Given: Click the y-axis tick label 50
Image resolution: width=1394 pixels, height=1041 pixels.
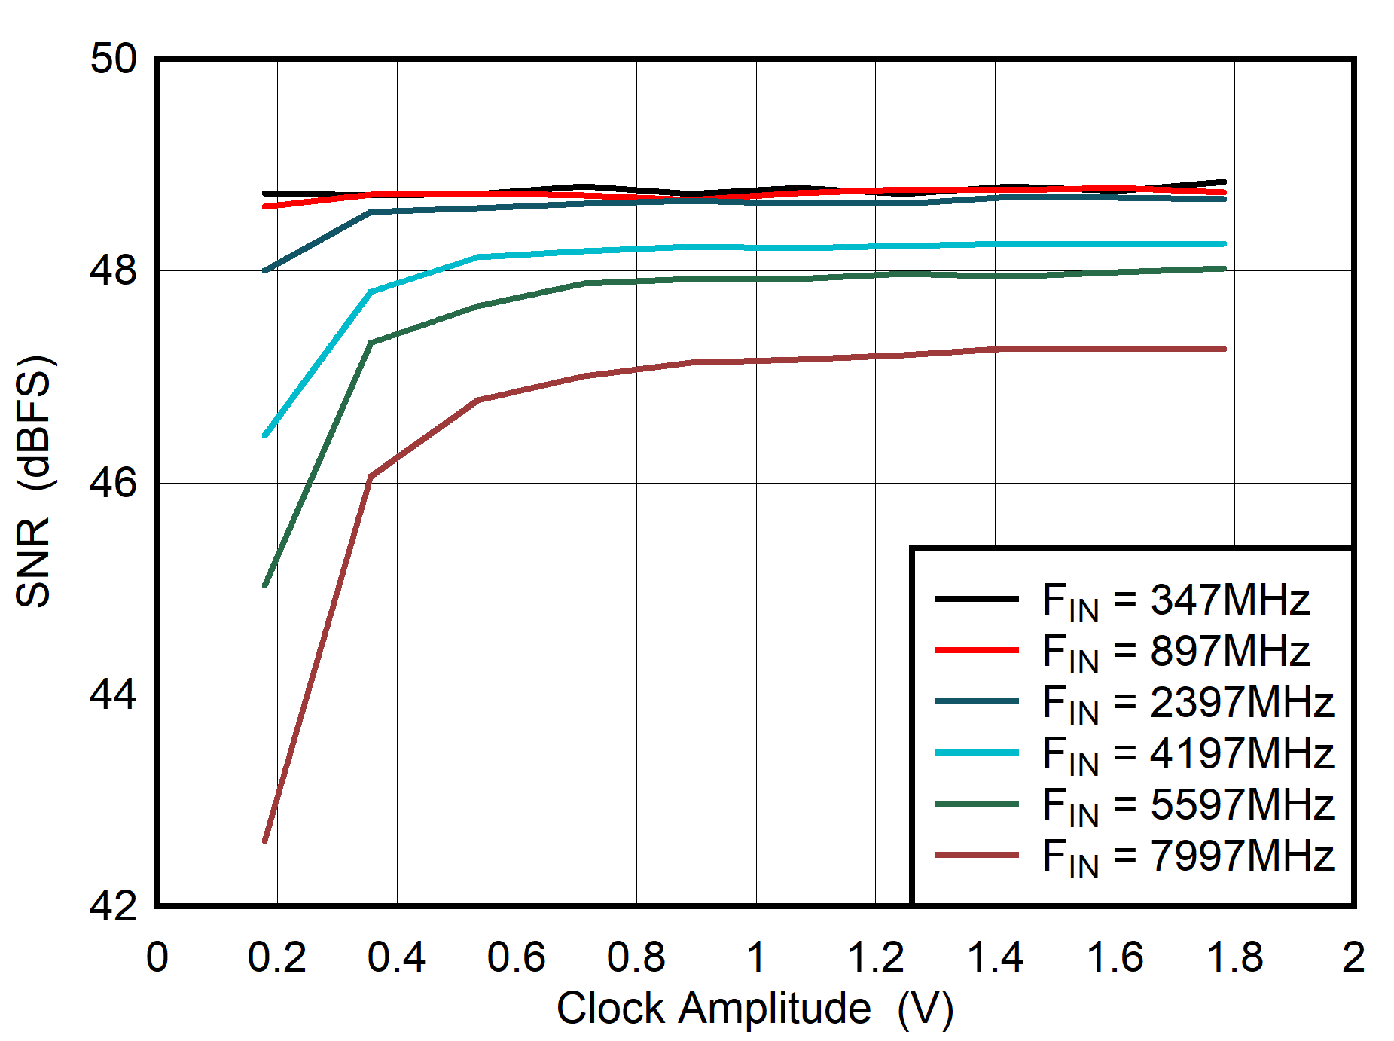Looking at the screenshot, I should [x=114, y=59].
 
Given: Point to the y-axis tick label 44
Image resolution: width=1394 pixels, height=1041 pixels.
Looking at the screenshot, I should [x=114, y=695].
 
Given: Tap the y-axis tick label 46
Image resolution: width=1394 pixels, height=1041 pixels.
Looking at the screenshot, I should [x=114, y=482].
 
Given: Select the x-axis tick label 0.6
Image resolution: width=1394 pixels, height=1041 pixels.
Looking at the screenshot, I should [x=516, y=958].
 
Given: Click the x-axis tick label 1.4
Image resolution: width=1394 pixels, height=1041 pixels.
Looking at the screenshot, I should [x=995, y=958].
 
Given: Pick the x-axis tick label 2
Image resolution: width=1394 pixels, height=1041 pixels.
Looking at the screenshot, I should [x=1353, y=958].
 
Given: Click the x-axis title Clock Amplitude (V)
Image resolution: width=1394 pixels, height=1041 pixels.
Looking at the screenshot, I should [x=755, y=1009].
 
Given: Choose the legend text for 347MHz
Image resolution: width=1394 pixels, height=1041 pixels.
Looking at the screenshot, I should [x=1176, y=601].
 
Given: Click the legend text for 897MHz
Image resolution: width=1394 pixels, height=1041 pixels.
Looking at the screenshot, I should [x=1176, y=652].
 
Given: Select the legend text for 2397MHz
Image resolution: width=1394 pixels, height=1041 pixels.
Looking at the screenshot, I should [x=1188, y=704].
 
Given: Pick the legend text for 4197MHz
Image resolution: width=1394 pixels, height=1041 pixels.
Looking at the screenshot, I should [x=1188, y=755].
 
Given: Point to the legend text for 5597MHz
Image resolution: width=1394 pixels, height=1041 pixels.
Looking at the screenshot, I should [x=1188, y=806].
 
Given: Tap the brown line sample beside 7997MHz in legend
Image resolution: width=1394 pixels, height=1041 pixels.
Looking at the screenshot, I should [x=976, y=856].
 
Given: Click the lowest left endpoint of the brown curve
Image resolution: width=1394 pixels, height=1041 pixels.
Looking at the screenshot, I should [x=265, y=841].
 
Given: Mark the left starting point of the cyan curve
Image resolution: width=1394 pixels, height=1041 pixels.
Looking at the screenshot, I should [x=265, y=435].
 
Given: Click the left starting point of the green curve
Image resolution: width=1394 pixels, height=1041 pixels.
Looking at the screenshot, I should [x=265, y=585].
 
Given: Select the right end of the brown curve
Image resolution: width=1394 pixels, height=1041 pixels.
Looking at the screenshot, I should [x=1225, y=349].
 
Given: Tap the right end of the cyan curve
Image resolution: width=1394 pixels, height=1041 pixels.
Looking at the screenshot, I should [x=1225, y=244].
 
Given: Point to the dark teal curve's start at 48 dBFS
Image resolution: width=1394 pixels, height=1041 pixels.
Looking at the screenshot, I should [x=265, y=270].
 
